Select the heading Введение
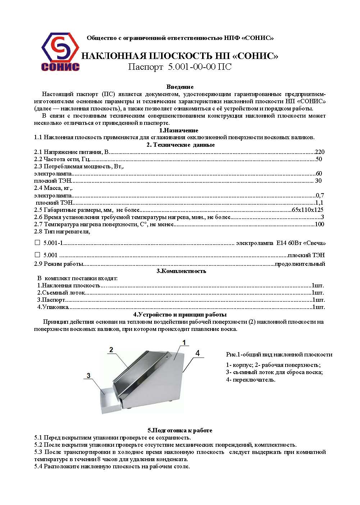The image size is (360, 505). click(180, 87)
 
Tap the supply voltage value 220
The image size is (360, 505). click(319, 152)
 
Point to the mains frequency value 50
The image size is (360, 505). click(319, 159)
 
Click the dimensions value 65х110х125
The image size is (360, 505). click(307, 210)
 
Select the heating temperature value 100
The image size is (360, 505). click(319, 224)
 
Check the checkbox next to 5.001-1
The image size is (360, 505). click(37, 243)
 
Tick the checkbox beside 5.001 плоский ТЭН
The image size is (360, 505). click(37, 255)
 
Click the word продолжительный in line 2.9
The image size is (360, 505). click(300, 264)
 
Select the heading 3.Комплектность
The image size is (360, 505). click(181, 271)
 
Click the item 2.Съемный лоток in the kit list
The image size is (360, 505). click(61, 293)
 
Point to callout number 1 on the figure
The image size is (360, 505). click(184, 342)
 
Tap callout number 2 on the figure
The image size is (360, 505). click(111, 350)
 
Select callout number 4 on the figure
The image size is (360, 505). click(197, 353)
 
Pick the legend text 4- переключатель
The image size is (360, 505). click(250, 379)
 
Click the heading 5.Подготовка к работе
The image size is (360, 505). click(180, 430)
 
